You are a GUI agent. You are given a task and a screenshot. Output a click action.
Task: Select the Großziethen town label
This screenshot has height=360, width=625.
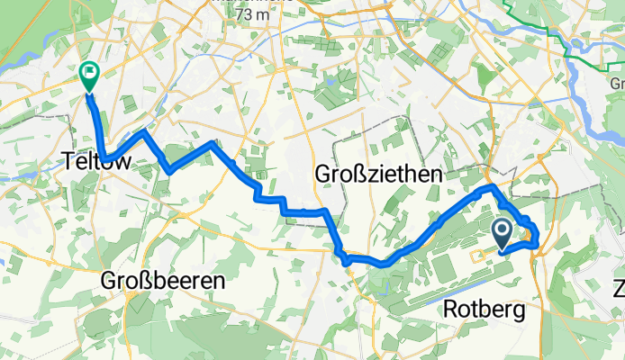tap(378, 174)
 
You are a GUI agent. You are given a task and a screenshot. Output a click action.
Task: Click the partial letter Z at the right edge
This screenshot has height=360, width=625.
tap(619, 290)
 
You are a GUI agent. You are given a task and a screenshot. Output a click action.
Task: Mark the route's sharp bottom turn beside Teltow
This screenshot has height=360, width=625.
tap(106, 160)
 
